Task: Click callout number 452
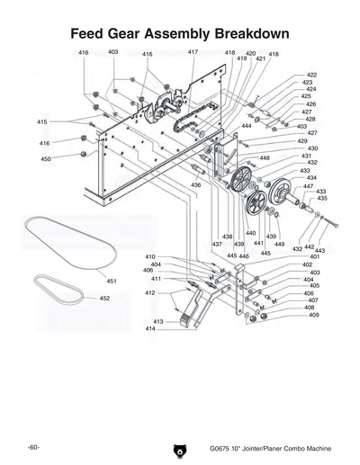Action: [x=104, y=298]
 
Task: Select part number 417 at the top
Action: [x=193, y=53]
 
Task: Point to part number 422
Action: [x=311, y=75]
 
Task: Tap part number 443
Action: [x=319, y=249]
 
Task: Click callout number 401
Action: [x=315, y=256]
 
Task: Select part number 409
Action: [x=314, y=315]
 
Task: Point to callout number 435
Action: [x=321, y=198]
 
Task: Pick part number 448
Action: [x=265, y=158]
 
